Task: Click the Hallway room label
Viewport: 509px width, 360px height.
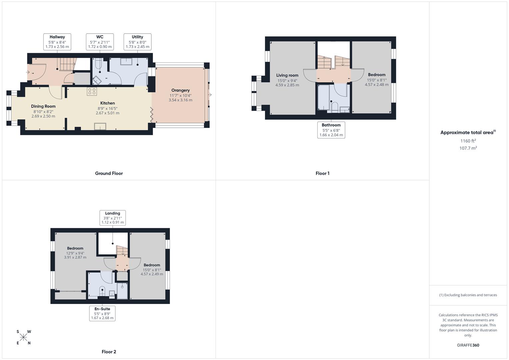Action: coord(57,37)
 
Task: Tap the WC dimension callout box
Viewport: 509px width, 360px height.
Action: coord(100,42)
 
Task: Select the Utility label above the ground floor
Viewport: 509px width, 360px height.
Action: coord(137,37)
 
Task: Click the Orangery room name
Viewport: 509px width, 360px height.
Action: coord(180,90)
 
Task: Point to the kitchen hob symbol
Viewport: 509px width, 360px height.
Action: coord(92,91)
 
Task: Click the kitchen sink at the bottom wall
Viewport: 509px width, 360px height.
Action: coord(100,126)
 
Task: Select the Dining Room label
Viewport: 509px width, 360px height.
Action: coord(43,106)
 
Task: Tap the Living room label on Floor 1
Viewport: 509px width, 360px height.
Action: coord(287,75)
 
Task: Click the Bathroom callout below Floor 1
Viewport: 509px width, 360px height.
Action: coord(331,130)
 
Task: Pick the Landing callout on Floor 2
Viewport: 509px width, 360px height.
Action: coord(113,218)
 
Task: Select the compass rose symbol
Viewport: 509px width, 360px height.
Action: coord(23,337)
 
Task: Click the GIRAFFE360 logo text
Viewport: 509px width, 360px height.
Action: coord(468,345)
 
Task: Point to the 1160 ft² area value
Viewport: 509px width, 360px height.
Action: coord(468,141)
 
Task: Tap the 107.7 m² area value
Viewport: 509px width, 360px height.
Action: coord(468,148)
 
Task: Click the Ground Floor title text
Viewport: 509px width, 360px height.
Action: coord(109,173)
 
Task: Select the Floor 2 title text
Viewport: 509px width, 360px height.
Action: coord(109,352)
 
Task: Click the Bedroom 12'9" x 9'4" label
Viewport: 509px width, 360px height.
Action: coord(75,248)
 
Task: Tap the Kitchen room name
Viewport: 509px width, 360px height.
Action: coord(107,103)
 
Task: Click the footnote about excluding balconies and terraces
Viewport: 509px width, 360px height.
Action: coord(468,295)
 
